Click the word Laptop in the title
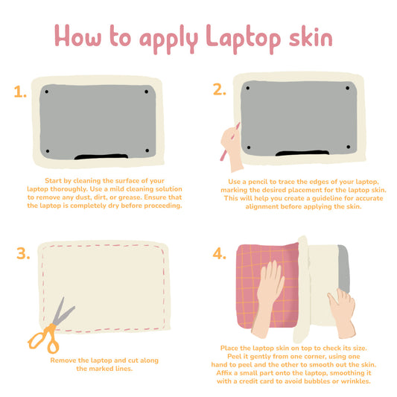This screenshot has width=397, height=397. (x=244, y=39)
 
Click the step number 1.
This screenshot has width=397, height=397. (x=20, y=92)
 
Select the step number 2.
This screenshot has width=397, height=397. (x=219, y=89)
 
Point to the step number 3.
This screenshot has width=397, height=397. (x=23, y=253)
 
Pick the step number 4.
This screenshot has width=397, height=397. (x=219, y=253)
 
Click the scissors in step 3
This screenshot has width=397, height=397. (x=51, y=328)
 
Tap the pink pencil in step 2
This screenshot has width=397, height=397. (x=230, y=142)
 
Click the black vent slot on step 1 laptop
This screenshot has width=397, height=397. (x=101, y=157)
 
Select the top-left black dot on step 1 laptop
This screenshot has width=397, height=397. (x=47, y=92)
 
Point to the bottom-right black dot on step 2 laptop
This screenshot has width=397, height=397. (x=349, y=147)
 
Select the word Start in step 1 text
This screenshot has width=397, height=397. (x=53, y=181)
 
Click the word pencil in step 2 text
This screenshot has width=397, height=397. (x=258, y=182)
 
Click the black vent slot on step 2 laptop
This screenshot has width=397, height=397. (x=302, y=153)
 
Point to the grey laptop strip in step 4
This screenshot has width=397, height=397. (x=344, y=268)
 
